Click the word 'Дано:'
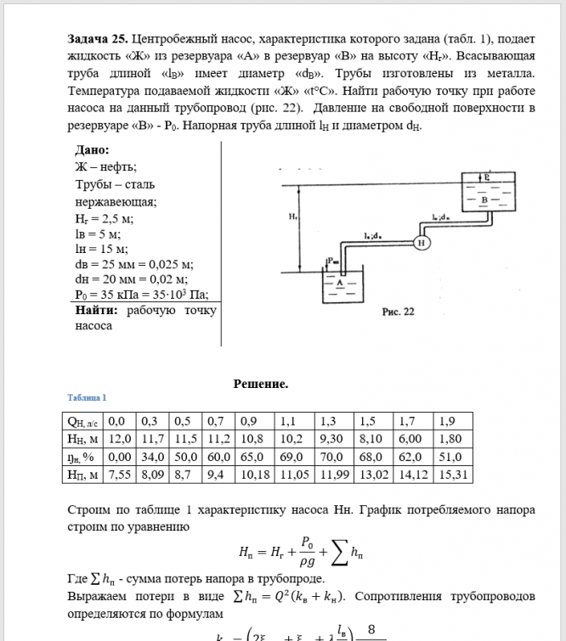[x=93, y=150]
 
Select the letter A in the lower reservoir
[x=341, y=284]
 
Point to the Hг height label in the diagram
[x=292, y=218]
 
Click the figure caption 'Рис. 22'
[x=399, y=312]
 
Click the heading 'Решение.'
[x=261, y=384]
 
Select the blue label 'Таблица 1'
[x=87, y=397]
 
